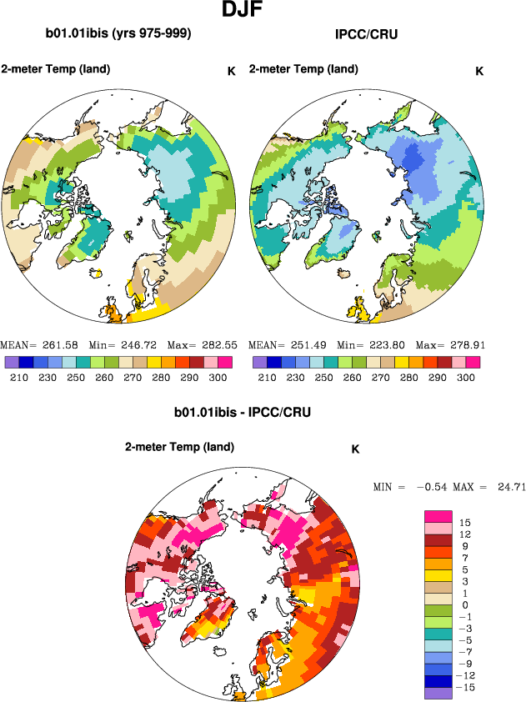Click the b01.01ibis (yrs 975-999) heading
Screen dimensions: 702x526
(118, 34)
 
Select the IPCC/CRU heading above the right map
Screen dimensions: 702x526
(365, 34)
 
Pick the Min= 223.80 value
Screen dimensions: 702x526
(368, 344)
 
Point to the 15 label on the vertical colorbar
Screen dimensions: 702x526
(465, 523)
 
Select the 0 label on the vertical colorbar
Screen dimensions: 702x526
(465, 604)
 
